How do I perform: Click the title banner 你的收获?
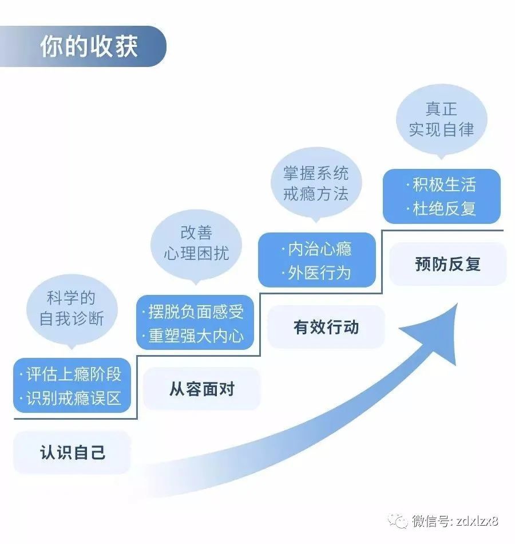pos(83,46)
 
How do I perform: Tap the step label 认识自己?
pos(72,452)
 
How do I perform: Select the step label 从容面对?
pos(201,389)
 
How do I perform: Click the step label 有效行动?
pos(326,327)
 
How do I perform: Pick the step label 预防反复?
pos(447,263)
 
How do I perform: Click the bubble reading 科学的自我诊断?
pos(72,310)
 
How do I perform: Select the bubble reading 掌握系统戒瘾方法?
pos(316,184)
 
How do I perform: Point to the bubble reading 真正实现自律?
pos(442,120)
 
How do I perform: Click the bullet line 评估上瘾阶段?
pos(71,374)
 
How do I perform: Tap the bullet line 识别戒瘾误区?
pos(71,398)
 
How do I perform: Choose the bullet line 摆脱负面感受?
pos(193,311)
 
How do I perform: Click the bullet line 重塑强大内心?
pos(193,336)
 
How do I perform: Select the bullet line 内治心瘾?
pos(316,249)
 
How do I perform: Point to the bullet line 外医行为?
pos(316,273)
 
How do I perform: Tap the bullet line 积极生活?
pos(441,184)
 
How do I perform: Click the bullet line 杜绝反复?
pos(441,208)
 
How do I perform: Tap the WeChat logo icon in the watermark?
pos(398,521)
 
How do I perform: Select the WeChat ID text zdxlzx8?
pos(477,521)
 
